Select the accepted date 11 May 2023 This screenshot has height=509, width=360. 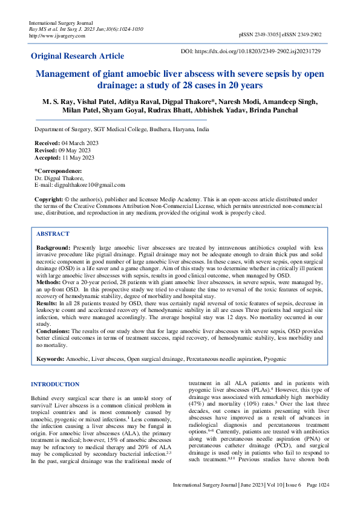point(78,157)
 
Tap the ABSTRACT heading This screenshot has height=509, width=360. point(53,233)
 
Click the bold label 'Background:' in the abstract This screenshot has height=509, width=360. point(53,248)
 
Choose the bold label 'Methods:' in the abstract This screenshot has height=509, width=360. point(50,282)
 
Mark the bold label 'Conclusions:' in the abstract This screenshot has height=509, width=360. point(53,331)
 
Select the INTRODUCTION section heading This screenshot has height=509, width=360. point(54,384)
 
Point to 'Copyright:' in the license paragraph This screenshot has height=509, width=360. point(48,199)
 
